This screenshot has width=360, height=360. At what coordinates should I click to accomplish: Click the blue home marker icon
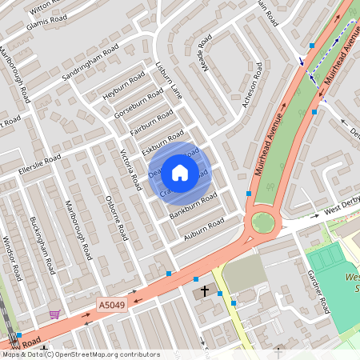point(180,172)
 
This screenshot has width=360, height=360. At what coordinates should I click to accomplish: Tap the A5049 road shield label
point(112,305)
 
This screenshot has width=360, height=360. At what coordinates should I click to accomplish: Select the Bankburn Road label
point(193,204)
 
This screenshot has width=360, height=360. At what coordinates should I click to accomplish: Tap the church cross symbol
point(205,290)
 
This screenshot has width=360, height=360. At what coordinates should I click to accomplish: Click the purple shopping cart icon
point(54,314)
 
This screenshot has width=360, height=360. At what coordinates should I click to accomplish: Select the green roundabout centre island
point(262,222)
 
